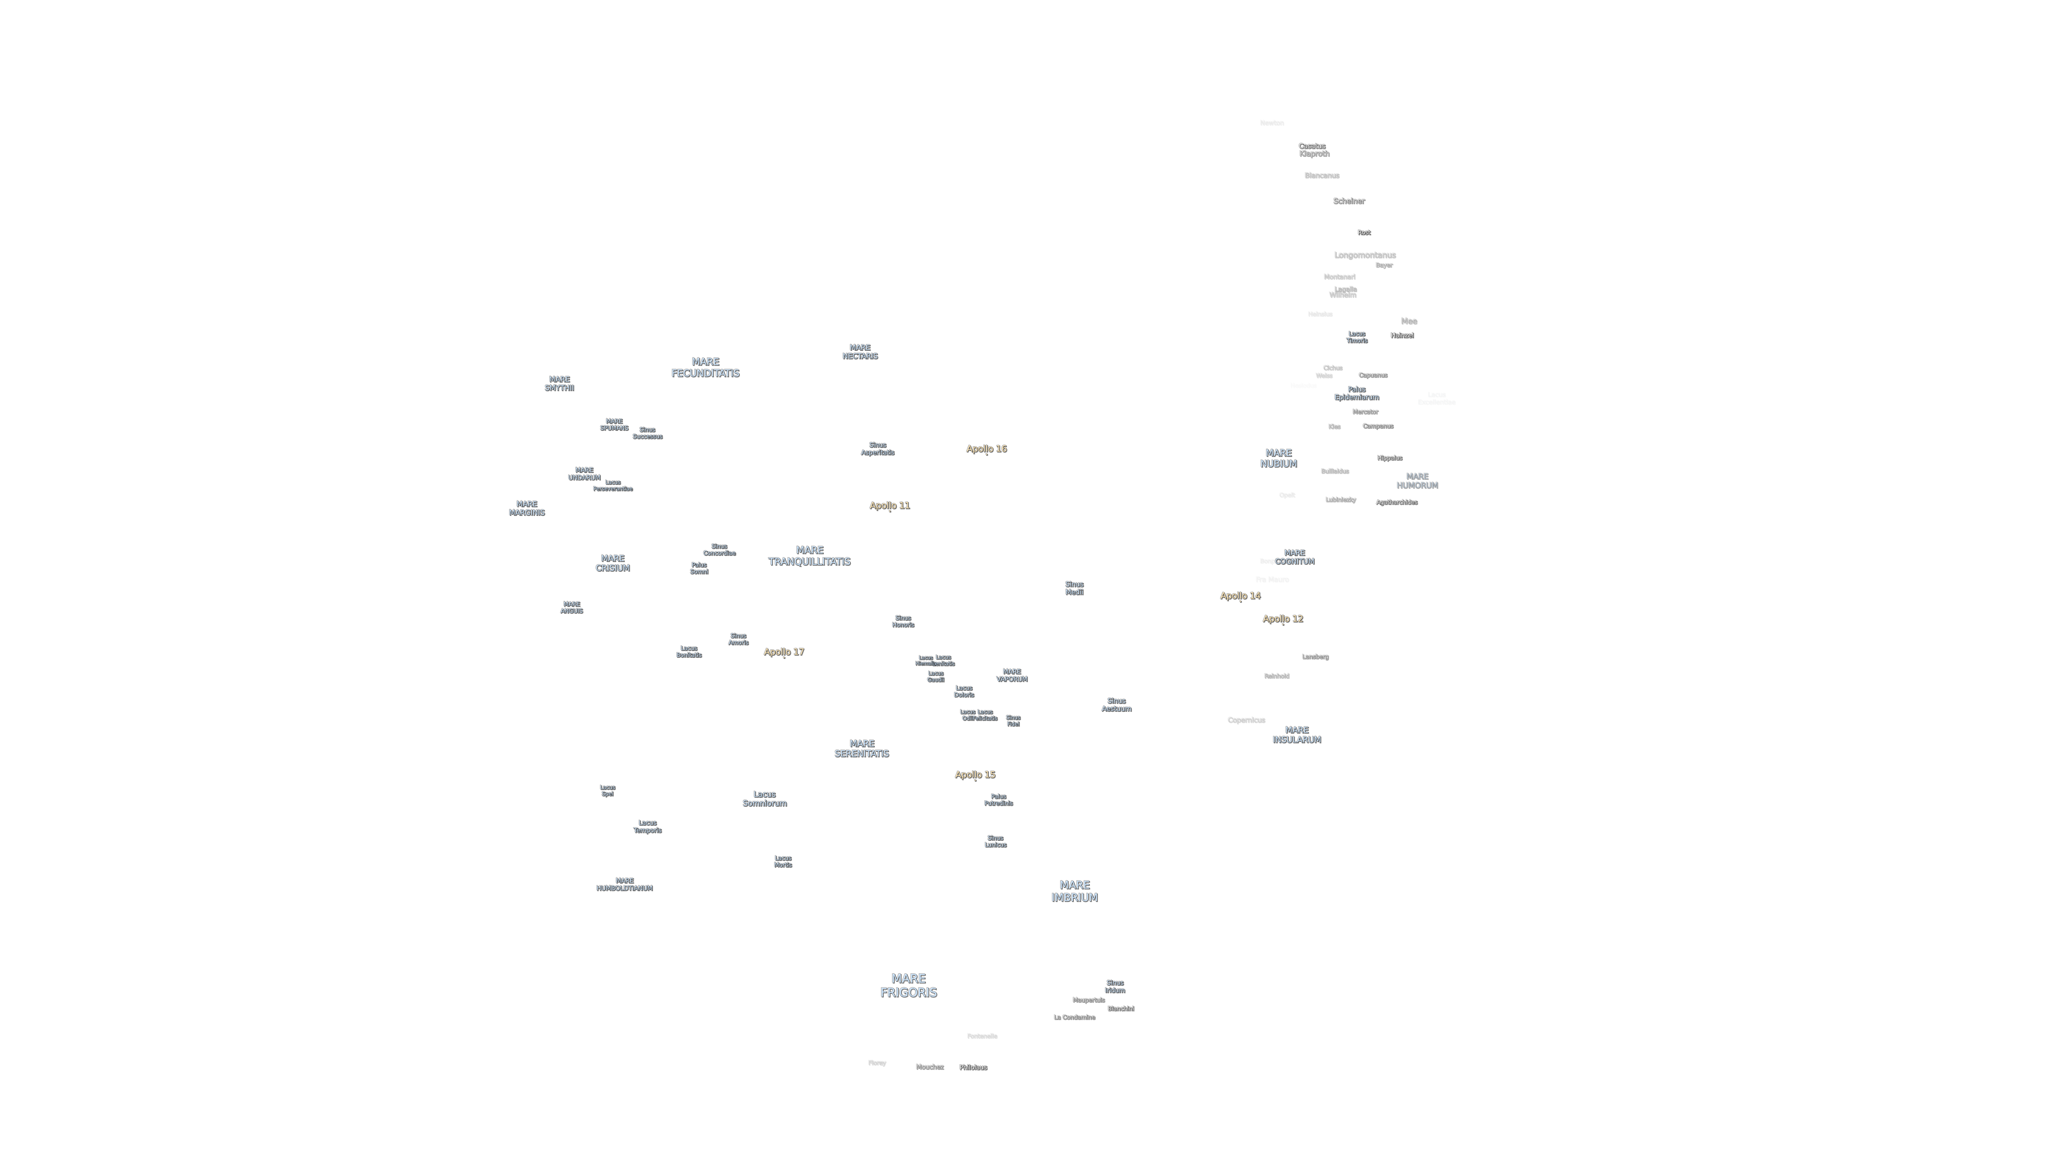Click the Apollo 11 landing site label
point(889,505)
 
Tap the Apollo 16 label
point(986,448)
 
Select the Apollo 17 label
point(784,651)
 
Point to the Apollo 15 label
point(975,775)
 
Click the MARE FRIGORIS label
point(908,985)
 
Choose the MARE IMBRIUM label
point(1074,891)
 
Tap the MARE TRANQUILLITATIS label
point(809,555)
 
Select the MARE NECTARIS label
point(860,352)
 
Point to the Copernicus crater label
point(1246,720)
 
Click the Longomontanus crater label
point(1364,255)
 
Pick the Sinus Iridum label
point(1114,986)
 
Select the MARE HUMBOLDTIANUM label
point(624,884)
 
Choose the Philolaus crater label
point(973,1067)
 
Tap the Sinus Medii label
point(1074,588)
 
